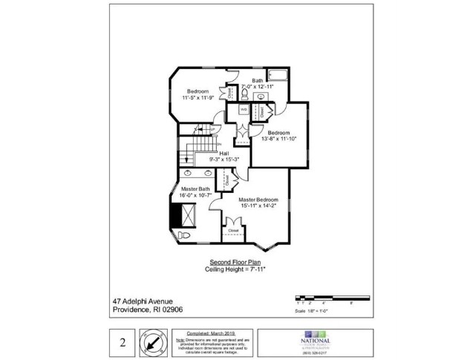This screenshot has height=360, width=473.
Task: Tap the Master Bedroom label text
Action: click(x=258, y=200)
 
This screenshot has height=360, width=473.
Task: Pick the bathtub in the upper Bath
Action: click(x=278, y=74)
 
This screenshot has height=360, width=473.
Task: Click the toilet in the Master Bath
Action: click(x=185, y=235)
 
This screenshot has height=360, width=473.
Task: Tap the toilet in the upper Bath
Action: click(x=245, y=94)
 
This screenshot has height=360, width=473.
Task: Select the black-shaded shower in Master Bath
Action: click(x=177, y=215)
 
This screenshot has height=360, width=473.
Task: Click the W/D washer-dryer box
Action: click(x=244, y=109)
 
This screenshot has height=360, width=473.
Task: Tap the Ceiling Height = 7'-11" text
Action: click(x=235, y=269)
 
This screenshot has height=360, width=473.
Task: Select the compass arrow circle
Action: click(x=156, y=343)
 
